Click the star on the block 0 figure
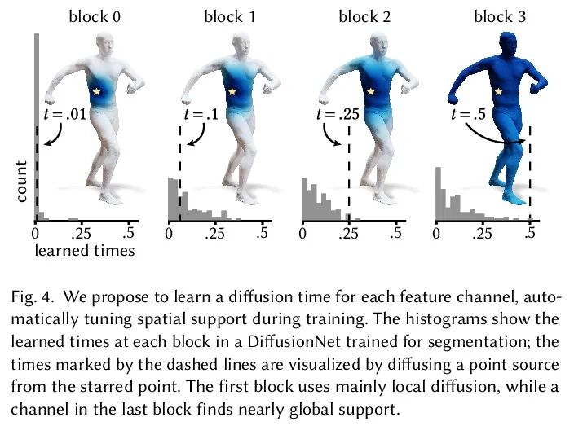click(98, 93)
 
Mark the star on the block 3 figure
click(499, 93)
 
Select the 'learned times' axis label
click(84, 252)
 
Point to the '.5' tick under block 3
click(531, 234)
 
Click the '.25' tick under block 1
click(216, 234)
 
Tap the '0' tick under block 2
click(304, 234)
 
